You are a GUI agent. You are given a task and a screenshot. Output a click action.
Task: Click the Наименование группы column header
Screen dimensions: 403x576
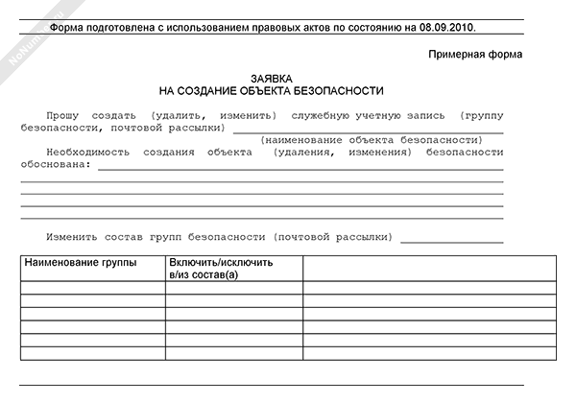(x=81, y=262)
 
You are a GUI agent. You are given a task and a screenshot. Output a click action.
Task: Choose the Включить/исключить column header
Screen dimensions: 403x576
(x=221, y=262)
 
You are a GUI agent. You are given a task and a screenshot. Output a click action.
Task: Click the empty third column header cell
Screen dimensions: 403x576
(x=428, y=268)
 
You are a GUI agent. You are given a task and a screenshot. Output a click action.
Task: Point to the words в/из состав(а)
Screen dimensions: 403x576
(x=203, y=274)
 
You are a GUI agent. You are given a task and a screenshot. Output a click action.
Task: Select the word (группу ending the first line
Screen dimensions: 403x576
(x=481, y=114)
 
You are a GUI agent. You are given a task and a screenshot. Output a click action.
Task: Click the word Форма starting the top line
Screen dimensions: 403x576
(x=66, y=27)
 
